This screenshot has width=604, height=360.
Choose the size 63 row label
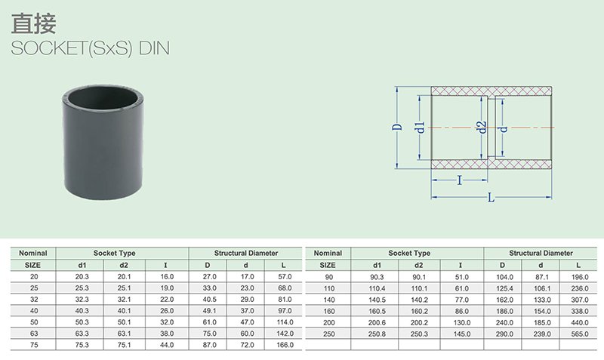32,333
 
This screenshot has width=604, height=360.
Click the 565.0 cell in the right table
578,333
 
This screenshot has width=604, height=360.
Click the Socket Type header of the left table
123,254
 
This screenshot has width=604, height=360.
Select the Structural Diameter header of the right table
540,254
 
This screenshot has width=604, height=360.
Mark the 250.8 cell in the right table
376,333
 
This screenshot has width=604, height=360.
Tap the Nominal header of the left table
32,254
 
